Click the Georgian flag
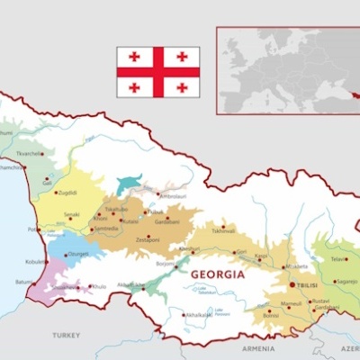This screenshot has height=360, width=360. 157,72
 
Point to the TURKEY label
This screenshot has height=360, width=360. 65,335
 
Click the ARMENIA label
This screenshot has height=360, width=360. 258,347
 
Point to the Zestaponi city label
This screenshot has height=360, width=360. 147,240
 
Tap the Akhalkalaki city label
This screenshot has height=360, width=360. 198,315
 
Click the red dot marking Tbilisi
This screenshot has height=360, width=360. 292,284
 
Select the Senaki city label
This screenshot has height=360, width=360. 72,215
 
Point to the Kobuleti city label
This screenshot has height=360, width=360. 36,262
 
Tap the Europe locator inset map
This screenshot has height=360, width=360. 287,69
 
